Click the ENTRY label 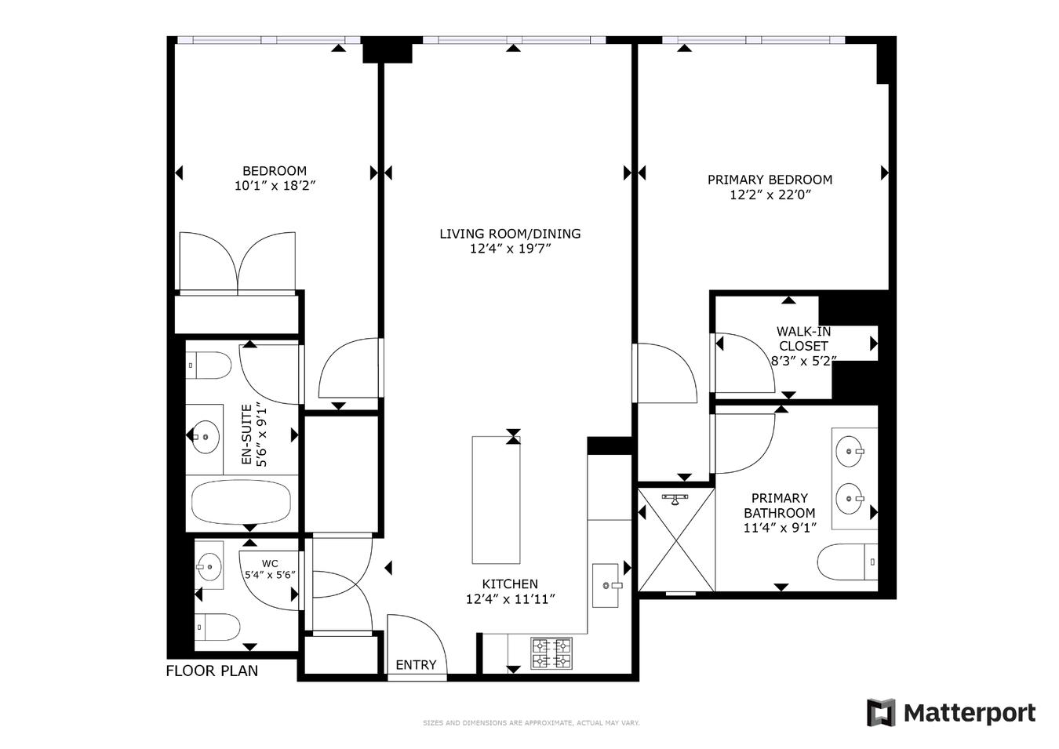tap(416, 665)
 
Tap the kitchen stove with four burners tap(552, 653)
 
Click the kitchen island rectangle tap(496, 500)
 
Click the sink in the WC tap(209, 565)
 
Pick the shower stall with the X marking tap(675, 540)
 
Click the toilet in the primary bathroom tap(846, 562)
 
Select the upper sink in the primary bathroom tap(850, 451)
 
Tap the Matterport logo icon tap(880, 713)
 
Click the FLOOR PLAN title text tap(212, 671)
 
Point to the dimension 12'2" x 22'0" tap(770, 195)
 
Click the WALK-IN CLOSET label tap(803, 339)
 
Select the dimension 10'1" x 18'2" tap(275, 186)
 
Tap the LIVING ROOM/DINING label tap(510, 234)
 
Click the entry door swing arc tap(424, 639)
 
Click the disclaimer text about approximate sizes tap(531, 723)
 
